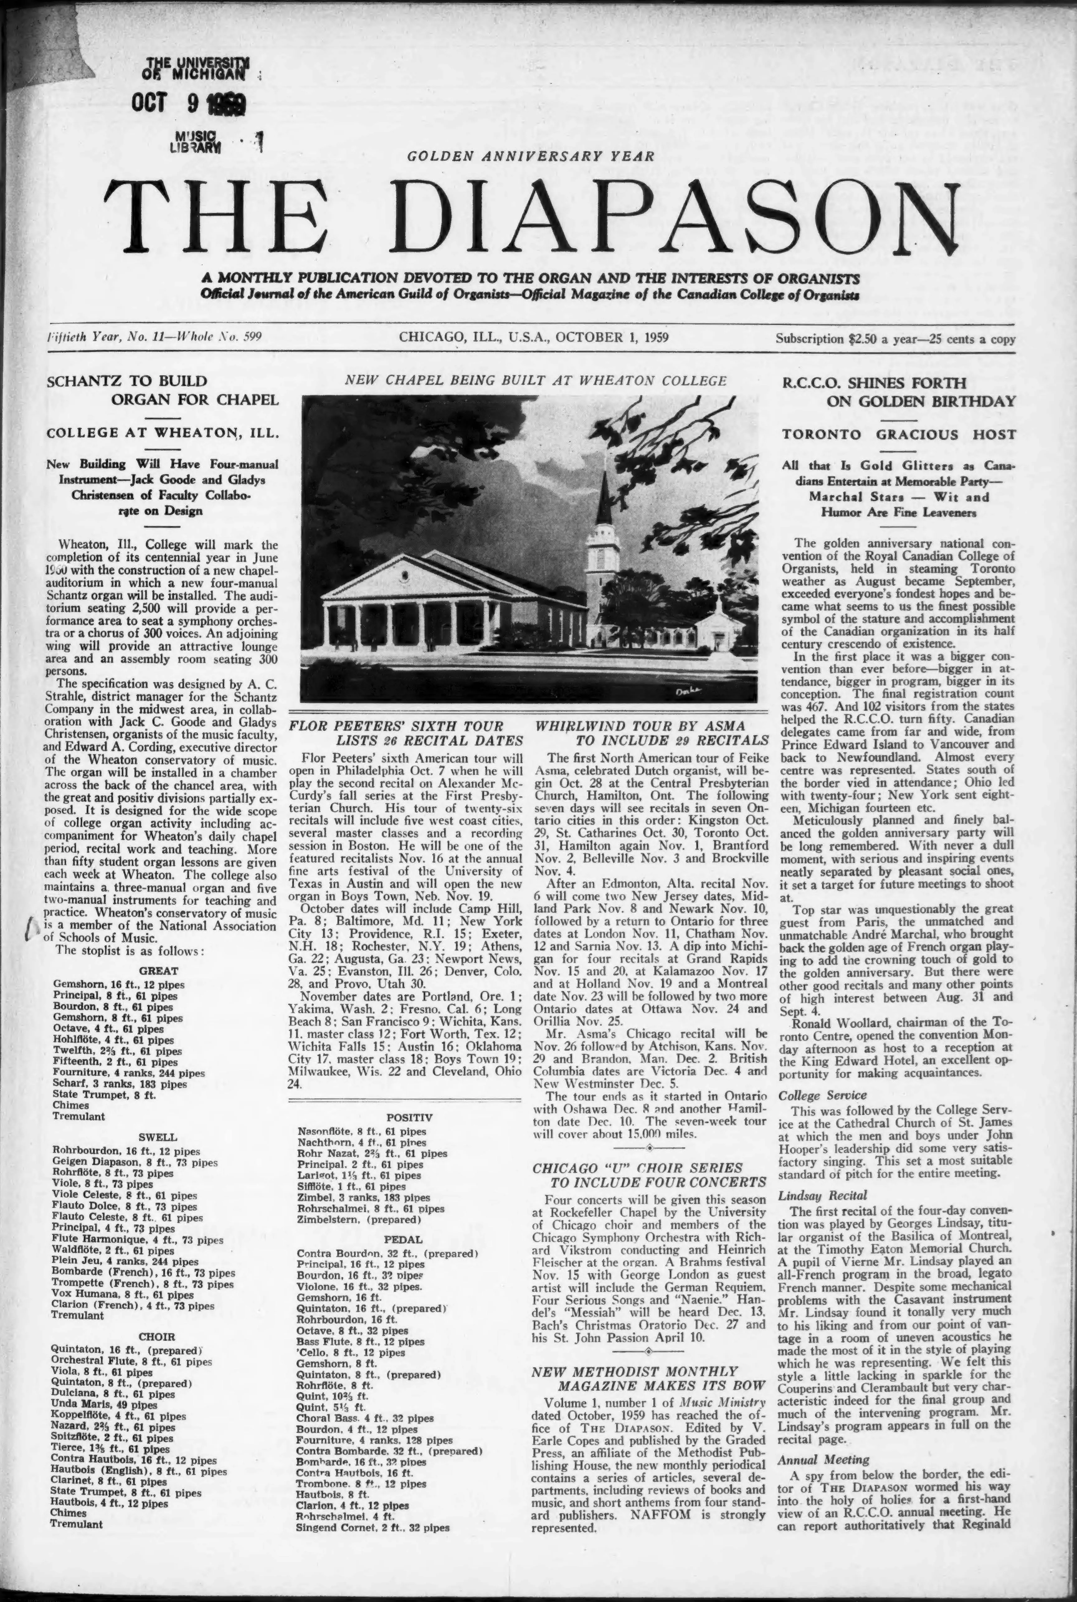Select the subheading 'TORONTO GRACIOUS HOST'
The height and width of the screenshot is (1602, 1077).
[898, 434]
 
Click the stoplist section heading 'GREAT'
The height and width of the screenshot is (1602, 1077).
[159, 971]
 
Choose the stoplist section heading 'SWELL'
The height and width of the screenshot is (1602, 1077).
[158, 1137]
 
